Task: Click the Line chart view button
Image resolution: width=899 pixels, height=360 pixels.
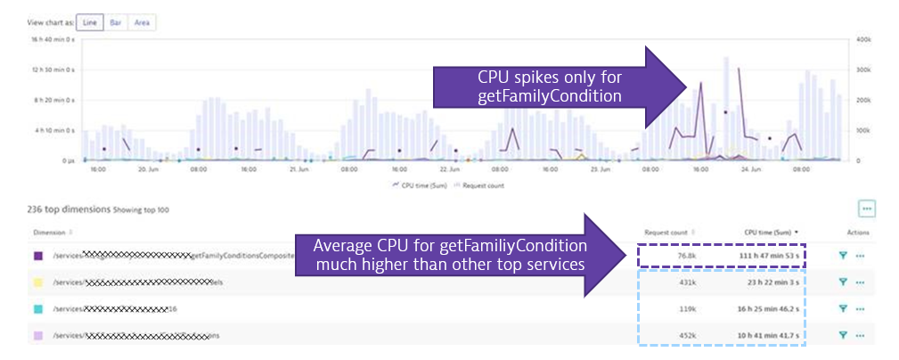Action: coord(89,22)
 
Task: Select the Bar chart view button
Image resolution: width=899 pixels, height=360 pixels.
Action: coord(116,22)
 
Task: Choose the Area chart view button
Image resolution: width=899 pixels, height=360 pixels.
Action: coord(142,22)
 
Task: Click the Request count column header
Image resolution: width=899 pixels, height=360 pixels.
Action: coord(668,233)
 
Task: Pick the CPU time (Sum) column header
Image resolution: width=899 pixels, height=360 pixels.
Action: coord(768,233)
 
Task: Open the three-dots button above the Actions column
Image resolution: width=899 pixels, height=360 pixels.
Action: coord(866,209)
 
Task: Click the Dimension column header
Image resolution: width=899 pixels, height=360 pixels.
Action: coord(51,233)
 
